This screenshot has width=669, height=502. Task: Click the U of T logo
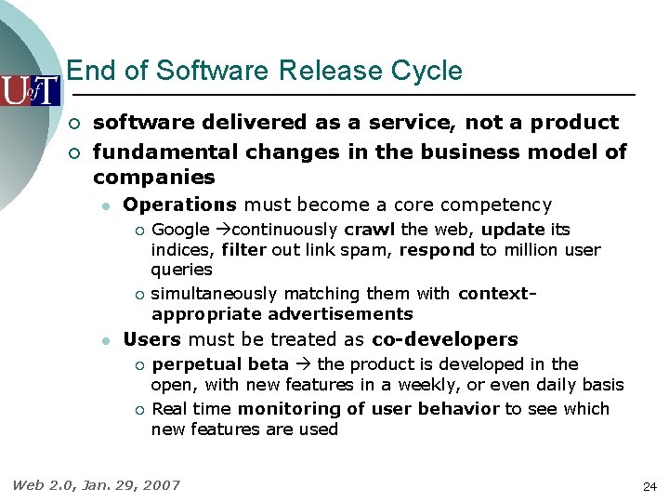(x=30, y=90)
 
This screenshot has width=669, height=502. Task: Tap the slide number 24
(x=649, y=486)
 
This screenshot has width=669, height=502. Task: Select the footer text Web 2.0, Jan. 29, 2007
(x=96, y=484)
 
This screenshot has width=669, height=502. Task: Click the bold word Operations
(x=180, y=205)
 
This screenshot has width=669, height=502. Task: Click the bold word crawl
(x=370, y=230)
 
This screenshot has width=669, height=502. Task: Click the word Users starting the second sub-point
(x=151, y=339)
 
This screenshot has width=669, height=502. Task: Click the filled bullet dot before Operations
(x=107, y=205)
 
